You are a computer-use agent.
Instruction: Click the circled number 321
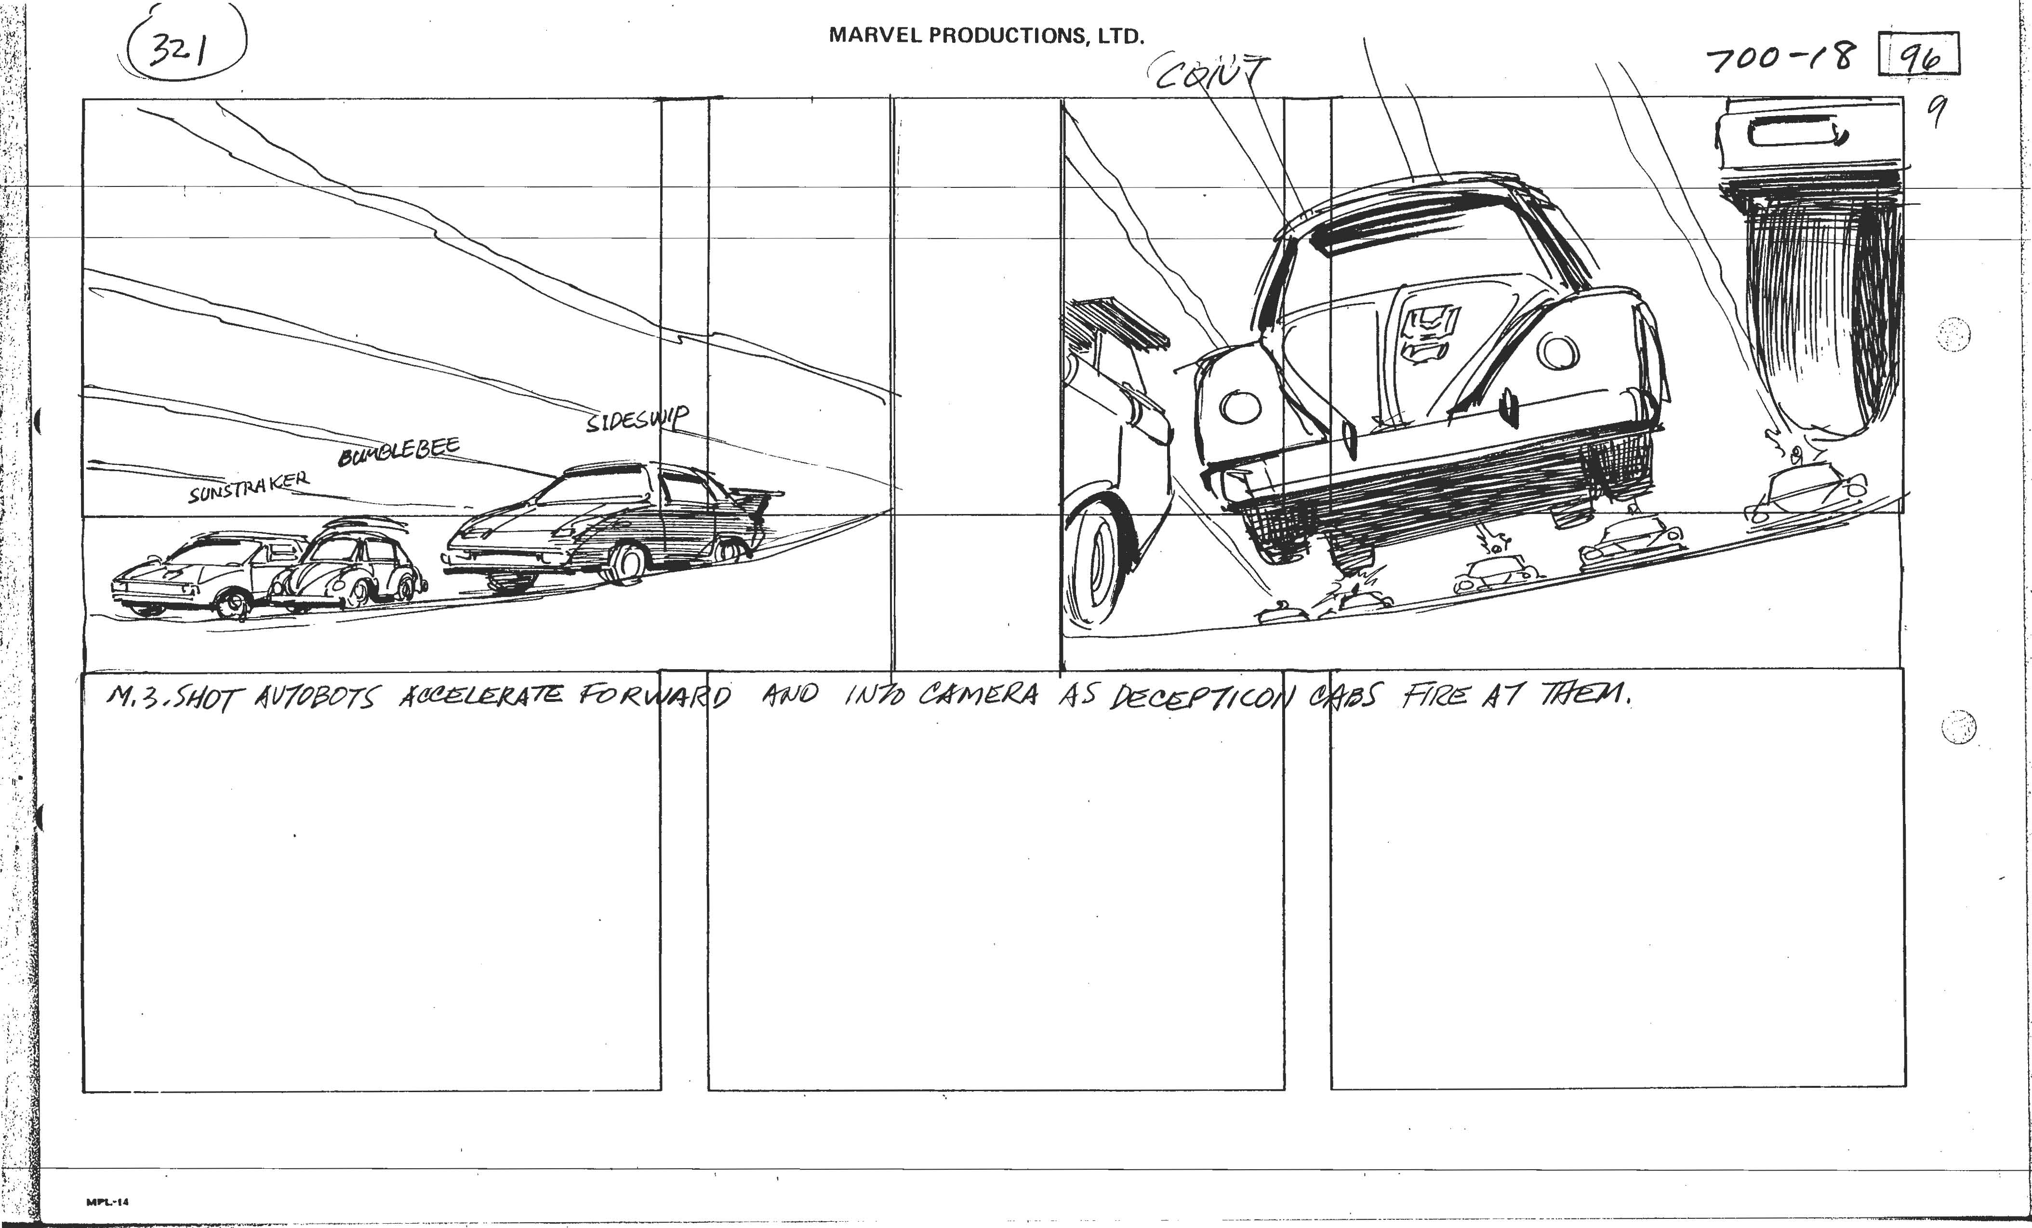(x=182, y=51)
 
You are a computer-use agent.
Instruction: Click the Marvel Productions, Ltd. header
(x=986, y=36)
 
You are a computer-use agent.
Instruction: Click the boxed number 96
(x=1918, y=56)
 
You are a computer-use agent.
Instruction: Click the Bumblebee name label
(x=398, y=451)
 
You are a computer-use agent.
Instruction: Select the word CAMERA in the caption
(x=978, y=695)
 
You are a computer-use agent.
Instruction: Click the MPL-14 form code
(x=107, y=1202)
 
